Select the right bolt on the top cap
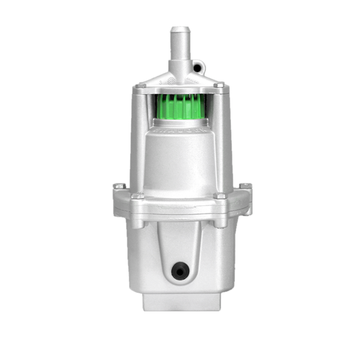pos(220,86)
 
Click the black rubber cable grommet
pos(179,272)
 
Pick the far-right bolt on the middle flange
pos(244,187)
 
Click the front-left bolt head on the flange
pos(137,196)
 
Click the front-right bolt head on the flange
pos(221,196)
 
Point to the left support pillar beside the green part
pos(138,138)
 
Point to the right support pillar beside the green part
pos(221,138)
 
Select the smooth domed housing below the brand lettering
pos(178,162)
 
